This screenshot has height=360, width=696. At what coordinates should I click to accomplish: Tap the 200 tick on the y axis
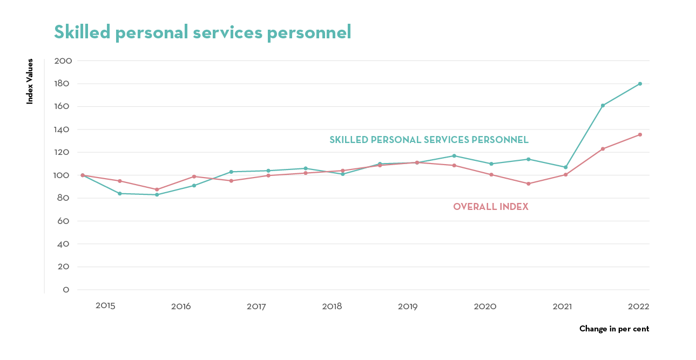click(x=63, y=61)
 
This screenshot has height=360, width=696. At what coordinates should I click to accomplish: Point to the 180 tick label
click(x=63, y=84)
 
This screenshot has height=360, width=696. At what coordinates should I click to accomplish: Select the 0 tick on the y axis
click(x=66, y=290)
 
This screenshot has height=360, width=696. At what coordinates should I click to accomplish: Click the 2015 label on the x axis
click(x=105, y=306)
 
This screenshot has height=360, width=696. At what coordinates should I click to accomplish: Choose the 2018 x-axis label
click(x=332, y=307)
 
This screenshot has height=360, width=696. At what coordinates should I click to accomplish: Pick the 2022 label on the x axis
click(x=638, y=306)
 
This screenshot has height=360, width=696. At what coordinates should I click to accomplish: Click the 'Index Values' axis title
click(x=30, y=81)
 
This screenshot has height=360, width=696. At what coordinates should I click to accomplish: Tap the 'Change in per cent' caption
click(x=614, y=329)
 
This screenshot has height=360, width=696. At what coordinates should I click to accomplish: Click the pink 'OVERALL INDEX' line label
click(x=490, y=207)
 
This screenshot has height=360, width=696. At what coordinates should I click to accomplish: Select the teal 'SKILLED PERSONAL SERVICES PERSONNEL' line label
click(x=429, y=140)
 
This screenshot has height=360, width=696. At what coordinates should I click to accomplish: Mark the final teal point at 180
click(x=640, y=84)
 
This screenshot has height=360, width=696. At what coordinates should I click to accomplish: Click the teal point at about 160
click(x=603, y=105)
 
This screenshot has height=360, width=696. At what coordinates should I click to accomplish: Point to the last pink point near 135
click(x=640, y=134)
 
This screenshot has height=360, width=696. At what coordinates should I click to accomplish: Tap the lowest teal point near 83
click(x=157, y=194)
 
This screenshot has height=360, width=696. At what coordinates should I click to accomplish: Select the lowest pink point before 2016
click(x=157, y=189)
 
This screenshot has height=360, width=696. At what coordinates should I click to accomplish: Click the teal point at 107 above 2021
click(x=565, y=167)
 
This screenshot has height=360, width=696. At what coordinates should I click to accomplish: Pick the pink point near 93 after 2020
click(x=528, y=184)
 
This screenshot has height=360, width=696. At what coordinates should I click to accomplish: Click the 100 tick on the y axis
click(x=63, y=175)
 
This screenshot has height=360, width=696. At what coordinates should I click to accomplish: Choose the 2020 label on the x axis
click(x=485, y=307)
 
